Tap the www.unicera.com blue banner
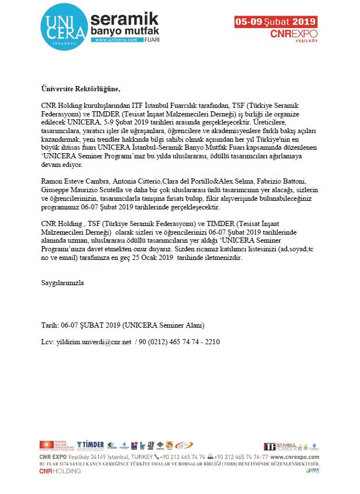116,40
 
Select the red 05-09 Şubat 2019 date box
276,22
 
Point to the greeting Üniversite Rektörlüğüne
81,89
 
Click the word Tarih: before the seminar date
50,325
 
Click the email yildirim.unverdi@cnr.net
94,342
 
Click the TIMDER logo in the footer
91,445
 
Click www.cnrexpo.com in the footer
299,457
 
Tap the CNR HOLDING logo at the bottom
60,471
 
